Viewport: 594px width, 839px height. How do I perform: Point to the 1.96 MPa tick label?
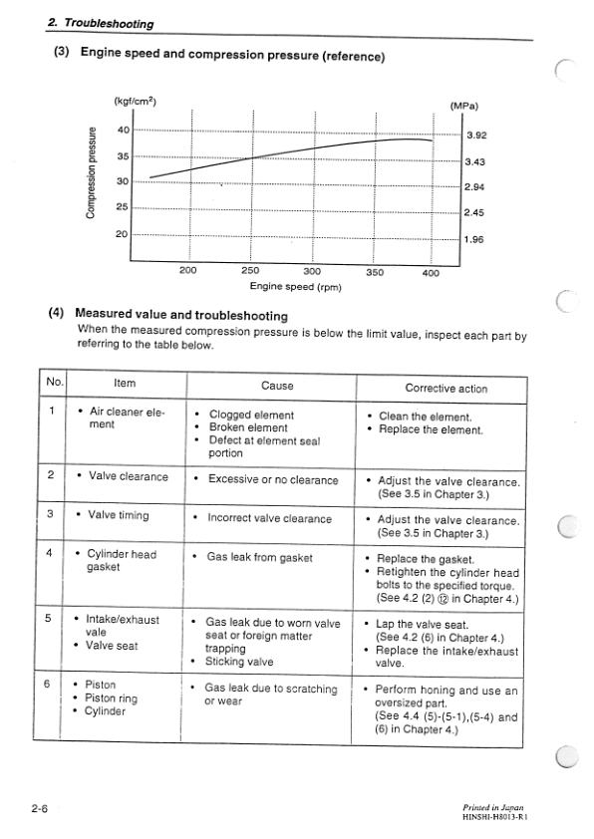[475, 239]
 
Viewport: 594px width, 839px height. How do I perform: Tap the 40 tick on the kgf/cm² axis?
[123, 130]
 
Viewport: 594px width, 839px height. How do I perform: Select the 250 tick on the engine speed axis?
[250, 270]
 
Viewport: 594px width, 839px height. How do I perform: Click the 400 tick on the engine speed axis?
[431, 271]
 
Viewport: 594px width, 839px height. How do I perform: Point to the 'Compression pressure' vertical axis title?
[91, 170]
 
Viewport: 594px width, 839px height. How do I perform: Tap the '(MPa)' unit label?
[463, 106]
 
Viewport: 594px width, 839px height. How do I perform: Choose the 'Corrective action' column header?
[446, 388]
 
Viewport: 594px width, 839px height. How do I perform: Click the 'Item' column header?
[125, 383]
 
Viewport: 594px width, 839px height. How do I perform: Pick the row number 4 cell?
[50, 554]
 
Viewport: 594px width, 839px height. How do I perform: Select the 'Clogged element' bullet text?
[251, 415]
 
